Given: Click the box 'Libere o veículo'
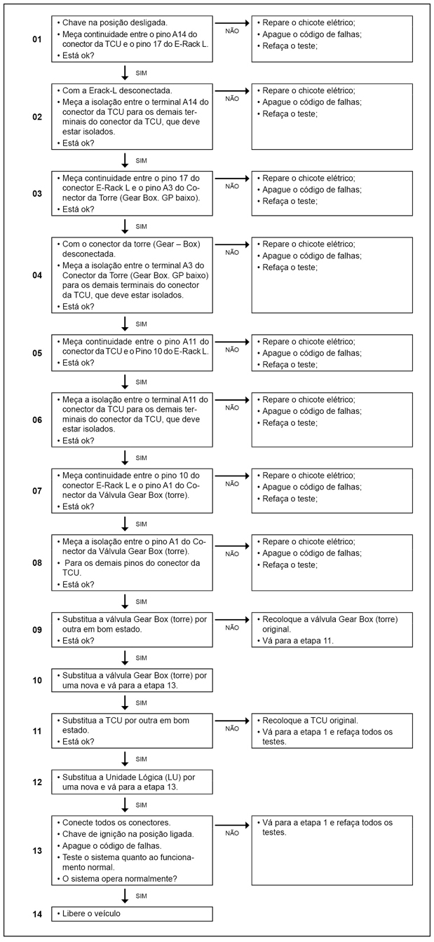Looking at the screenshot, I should (x=132, y=914).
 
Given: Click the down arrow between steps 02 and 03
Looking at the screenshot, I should (x=125, y=160).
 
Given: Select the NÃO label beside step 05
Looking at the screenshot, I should (x=232, y=349).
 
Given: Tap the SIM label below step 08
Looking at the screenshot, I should (x=141, y=601).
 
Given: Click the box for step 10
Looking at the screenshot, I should (x=132, y=680).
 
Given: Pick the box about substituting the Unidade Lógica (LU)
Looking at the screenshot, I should (x=132, y=782).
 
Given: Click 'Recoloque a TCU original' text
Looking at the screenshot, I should (x=309, y=720).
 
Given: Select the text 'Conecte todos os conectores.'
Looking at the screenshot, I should (x=116, y=822).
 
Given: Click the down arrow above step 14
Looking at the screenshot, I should (x=125, y=896).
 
